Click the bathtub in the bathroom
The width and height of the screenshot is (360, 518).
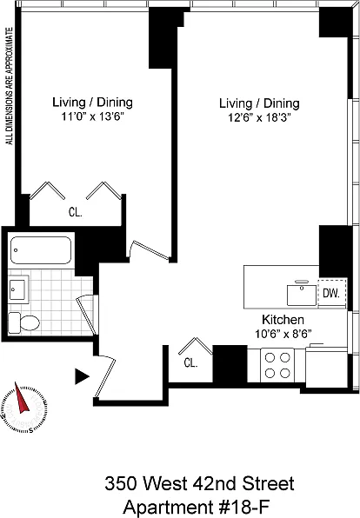41,250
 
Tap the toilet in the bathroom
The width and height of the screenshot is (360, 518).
23,322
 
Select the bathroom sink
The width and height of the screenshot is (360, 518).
18,289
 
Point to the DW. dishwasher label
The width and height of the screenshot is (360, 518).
331,293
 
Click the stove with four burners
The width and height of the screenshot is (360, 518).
277,365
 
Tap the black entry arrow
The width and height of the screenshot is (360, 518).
82,376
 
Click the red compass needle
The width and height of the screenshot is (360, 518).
22,398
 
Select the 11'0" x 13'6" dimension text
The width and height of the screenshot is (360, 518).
92,116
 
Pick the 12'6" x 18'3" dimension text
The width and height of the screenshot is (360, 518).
259,118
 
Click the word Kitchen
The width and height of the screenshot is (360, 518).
283,320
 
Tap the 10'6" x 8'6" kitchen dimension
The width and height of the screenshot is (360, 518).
283,334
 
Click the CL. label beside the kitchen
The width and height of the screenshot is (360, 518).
190,363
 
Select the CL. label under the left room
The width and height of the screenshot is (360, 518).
76,212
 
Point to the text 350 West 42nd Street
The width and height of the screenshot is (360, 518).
199,483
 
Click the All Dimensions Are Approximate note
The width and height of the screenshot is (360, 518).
10,86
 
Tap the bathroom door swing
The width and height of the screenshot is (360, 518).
87,315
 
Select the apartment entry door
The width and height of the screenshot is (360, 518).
105,378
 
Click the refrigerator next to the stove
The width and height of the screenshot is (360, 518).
326,366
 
